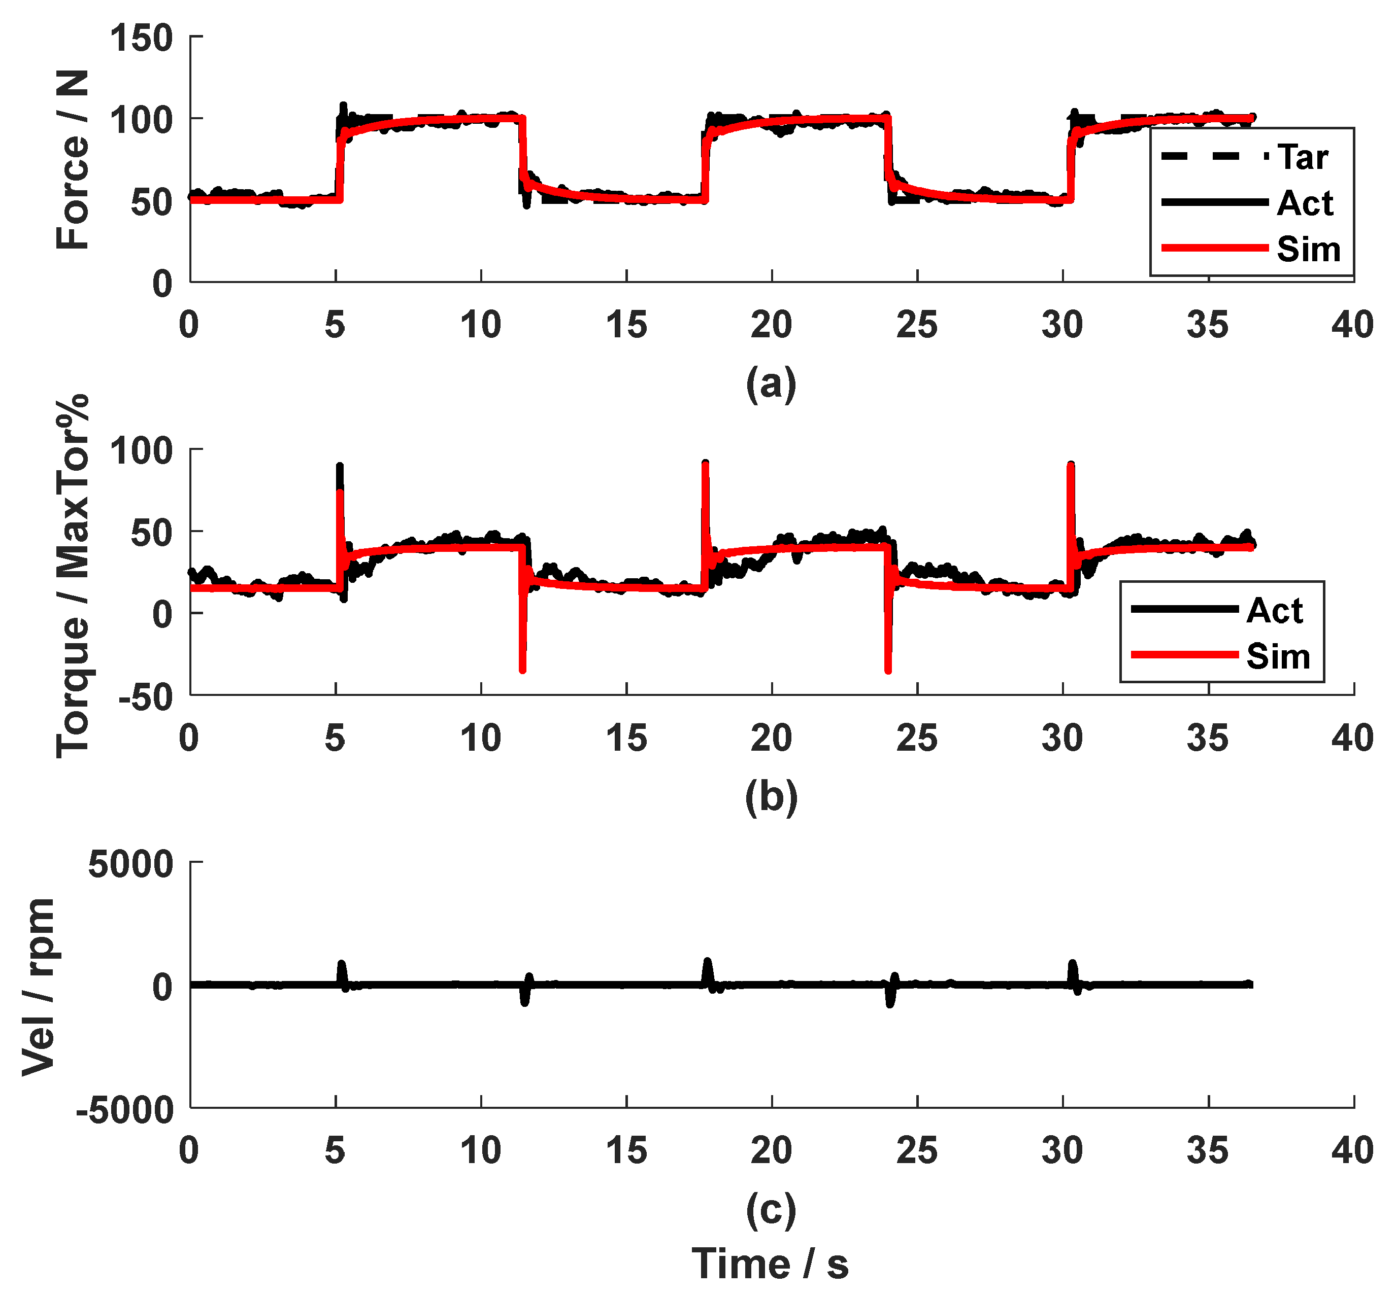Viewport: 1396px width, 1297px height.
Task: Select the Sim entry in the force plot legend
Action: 1308,249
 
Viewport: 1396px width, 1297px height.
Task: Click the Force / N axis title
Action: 73,159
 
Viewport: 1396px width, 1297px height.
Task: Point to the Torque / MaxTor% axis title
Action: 73,576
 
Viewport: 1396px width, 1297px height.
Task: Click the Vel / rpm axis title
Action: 39,986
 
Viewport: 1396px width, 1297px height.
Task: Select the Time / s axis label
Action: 770,1264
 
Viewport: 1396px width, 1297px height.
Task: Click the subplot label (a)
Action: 770,384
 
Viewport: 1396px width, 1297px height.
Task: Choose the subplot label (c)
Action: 770,1209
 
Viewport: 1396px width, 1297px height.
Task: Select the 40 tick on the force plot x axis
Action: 1352,325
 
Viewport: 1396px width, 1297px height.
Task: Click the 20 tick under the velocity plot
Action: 771,1150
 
